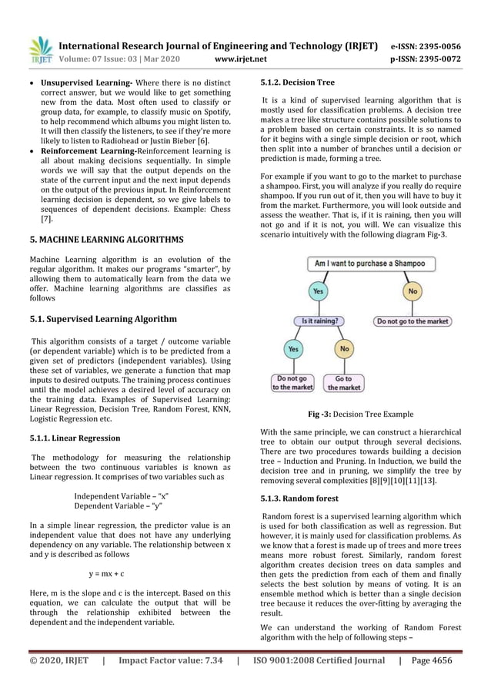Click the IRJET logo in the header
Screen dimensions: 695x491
tap(41, 49)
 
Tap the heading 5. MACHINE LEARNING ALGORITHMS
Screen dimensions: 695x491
tap(106, 239)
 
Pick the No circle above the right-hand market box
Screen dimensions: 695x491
tap(413, 292)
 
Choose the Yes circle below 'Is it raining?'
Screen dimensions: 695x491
tap(292, 349)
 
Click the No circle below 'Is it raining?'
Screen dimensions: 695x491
tap(344, 349)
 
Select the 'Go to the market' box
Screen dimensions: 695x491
tap(344, 382)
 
